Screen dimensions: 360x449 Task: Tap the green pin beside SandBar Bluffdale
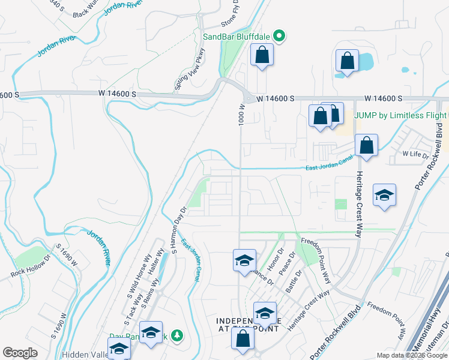pos(279,37)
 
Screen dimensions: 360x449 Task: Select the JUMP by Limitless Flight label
pos(401,115)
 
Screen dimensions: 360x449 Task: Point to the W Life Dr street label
pos(415,154)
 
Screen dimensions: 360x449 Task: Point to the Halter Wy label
pos(157,260)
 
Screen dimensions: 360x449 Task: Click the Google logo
pos(20,352)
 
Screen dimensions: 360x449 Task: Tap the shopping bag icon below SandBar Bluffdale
pos(262,55)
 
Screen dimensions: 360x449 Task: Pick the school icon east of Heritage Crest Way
pos(384,195)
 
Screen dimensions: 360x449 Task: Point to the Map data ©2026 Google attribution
pos(411,355)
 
